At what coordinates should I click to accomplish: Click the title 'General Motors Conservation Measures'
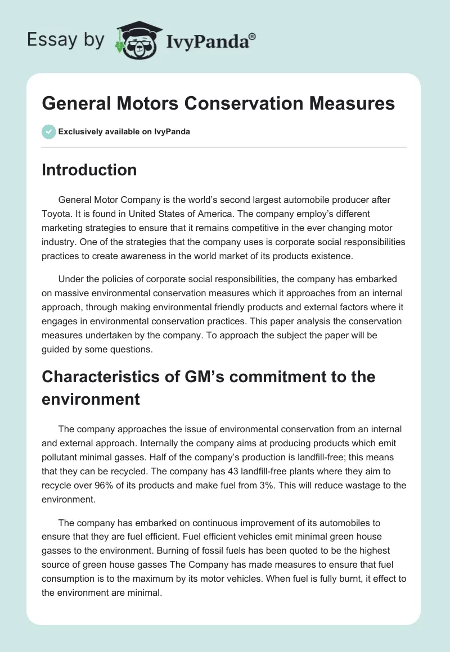pos(218,103)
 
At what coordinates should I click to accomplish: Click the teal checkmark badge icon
pos(48,132)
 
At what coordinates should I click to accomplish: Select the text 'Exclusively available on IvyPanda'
pos(124,132)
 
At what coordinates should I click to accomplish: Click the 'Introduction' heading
pos(89,170)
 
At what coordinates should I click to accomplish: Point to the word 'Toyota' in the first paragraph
pos(55,214)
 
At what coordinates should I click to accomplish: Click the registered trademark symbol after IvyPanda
pos(253,35)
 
